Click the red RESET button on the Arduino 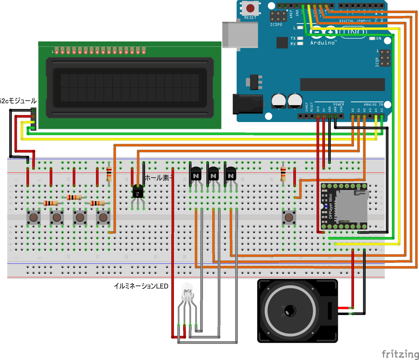point(250,8)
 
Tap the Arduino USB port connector point(240,34)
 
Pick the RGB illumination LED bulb point(187,292)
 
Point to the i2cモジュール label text point(18,101)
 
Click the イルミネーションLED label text point(141,286)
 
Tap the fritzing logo point(400,353)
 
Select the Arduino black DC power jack point(248,104)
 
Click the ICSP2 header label point(276,25)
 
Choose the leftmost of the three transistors point(195,175)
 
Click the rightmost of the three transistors point(230,175)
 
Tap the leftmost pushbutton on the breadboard point(34,218)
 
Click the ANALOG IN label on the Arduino point(373,104)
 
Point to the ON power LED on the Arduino point(373,38)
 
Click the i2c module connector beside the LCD point(33,119)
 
